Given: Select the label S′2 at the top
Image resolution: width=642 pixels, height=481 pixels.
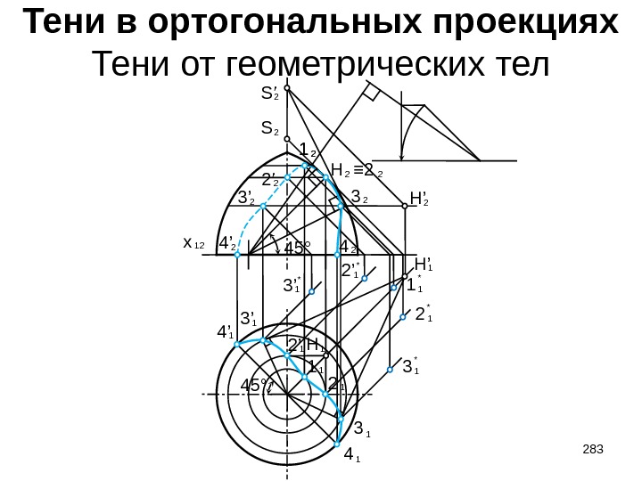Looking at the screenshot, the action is pos(267,93).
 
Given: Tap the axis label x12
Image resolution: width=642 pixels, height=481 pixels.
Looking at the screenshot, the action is pos(193,242).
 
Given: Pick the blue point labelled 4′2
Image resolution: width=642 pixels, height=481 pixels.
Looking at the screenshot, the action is pos(238,256).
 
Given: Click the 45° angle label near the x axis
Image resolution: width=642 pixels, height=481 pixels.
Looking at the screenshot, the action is pos(298,249).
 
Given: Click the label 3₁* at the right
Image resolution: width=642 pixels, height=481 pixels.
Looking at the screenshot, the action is pos(412,366).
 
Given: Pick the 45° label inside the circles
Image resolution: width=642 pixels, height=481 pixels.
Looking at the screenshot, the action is pos(255,386).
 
